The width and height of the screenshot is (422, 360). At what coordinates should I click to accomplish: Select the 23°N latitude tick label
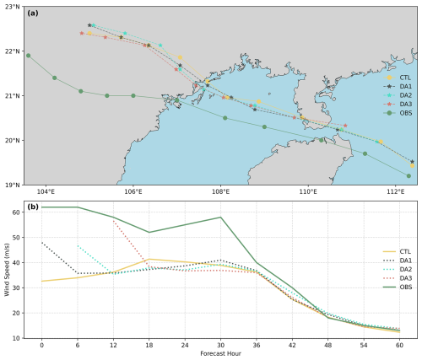pos(14,7)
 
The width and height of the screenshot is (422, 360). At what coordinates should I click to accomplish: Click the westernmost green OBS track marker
pos(29,56)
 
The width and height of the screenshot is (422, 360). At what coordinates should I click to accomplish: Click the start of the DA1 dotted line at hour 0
pos(41,242)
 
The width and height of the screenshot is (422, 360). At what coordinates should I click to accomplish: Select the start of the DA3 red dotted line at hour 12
pos(113,221)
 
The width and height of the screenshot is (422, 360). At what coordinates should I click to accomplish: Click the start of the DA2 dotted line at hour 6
pos(78,245)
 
